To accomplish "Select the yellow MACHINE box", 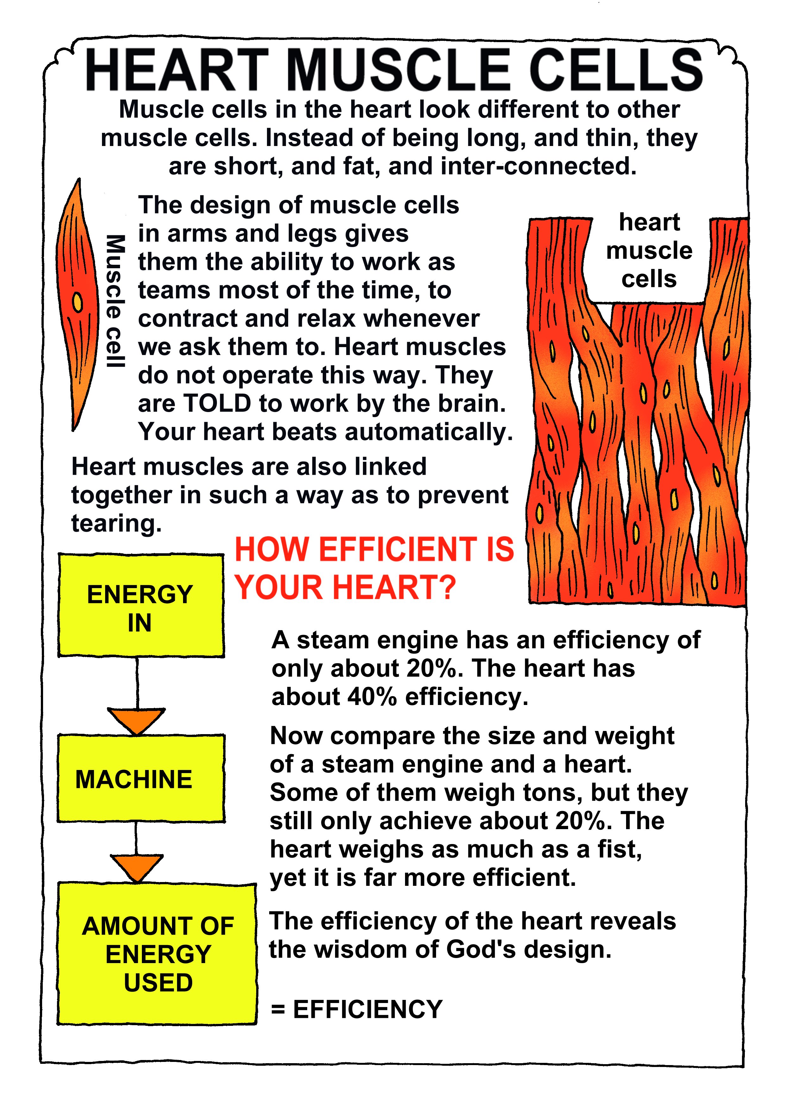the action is tap(141, 778).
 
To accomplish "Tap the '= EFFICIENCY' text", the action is tap(357, 1009).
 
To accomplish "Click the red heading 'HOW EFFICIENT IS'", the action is tap(374, 549).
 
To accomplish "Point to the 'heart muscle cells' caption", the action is tap(649, 250).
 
